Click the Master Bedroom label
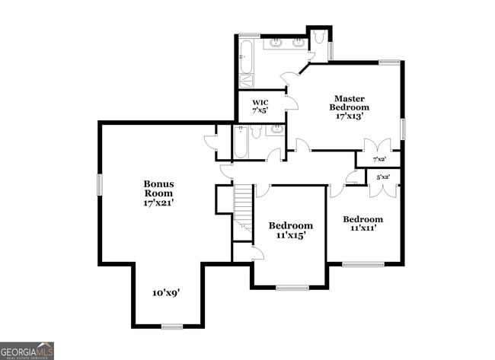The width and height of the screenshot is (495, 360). [349, 107]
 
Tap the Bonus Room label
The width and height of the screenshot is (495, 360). [159, 193]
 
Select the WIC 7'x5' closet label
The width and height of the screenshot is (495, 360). [261, 107]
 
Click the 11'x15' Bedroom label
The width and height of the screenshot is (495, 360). [290, 231]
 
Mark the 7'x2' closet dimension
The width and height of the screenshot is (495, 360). [379, 159]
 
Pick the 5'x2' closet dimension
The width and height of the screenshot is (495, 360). [382, 177]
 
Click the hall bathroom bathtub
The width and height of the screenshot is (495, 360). [241, 142]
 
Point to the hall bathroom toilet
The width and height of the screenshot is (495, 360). [257, 133]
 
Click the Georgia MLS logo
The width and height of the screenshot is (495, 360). [27, 350]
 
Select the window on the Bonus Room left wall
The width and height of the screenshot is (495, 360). [99, 184]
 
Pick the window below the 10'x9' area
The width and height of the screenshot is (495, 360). [172, 327]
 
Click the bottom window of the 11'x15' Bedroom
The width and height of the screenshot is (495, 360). [292, 287]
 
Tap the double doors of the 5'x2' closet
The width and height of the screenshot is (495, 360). [383, 189]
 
